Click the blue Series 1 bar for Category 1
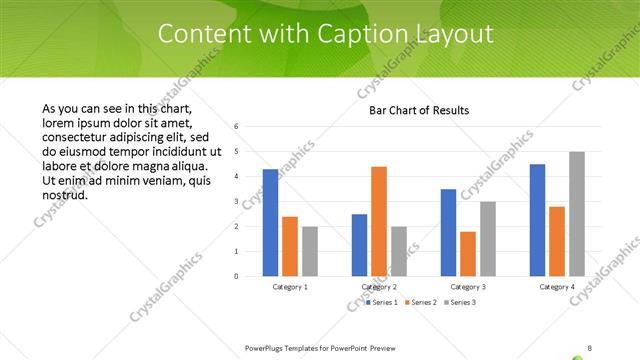pyautogui.click(x=270, y=222)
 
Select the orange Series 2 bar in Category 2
pyautogui.click(x=379, y=220)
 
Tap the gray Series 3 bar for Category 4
pyautogui.click(x=576, y=213)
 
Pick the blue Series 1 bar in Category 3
pyautogui.click(x=448, y=232)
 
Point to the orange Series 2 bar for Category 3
pyautogui.click(x=468, y=253)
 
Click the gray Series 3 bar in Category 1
pyautogui.click(x=309, y=250)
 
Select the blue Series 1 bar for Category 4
pyautogui.click(x=537, y=219)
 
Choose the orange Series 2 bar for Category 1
pyautogui.click(x=290, y=245)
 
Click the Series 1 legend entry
pyautogui.click(x=382, y=301)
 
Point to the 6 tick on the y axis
pyautogui.click(x=236, y=127)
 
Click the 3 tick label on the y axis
pyautogui.click(x=236, y=202)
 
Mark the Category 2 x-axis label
pyautogui.click(x=379, y=287)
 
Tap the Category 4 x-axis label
pyautogui.click(x=557, y=287)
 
